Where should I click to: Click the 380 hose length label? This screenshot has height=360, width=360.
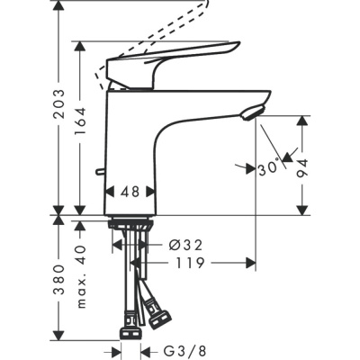(59, 282)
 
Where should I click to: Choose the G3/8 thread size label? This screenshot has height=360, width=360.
(178, 351)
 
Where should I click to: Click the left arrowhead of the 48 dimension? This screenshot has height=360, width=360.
(110, 192)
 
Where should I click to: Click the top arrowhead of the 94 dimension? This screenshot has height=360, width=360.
(302, 121)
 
